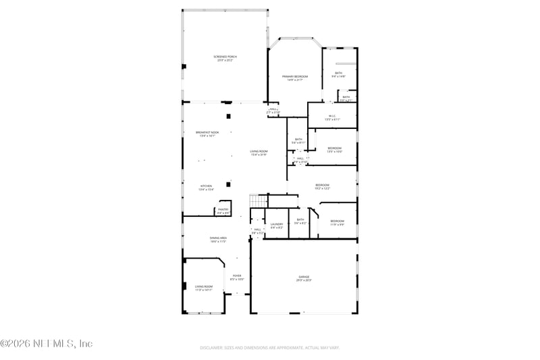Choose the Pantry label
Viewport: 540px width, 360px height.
point(223,211)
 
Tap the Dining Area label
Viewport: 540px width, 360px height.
point(217,239)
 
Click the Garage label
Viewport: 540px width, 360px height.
point(304,278)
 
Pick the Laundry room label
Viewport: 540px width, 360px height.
point(277,225)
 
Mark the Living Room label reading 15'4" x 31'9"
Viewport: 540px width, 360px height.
point(259,153)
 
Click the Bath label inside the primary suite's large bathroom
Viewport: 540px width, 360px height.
point(338,74)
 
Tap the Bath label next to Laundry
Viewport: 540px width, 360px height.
point(300,221)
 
